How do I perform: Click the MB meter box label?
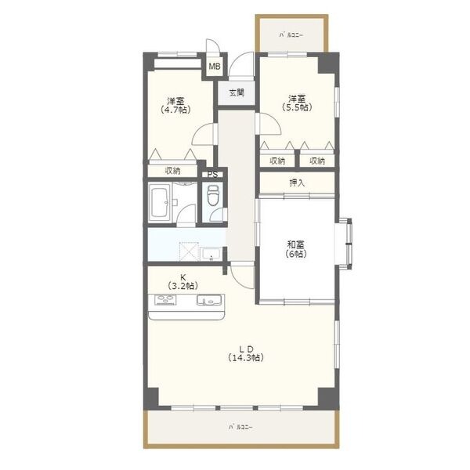[215, 67]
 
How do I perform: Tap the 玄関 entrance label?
[237, 92]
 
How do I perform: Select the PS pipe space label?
[212, 175]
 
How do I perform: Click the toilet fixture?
[213, 195]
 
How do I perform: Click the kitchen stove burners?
[165, 300]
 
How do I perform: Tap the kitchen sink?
[209, 300]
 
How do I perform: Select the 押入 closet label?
[297, 183]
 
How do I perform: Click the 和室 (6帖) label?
[296, 249]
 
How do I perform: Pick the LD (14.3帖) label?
[246, 353]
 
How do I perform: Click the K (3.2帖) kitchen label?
[183, 281]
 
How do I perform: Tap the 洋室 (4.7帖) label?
[176, 105]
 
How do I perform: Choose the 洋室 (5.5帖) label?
[297, 103]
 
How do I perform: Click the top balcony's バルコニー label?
[291, 35]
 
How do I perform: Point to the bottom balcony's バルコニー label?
[240, 427]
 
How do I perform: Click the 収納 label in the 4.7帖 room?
[172, 171]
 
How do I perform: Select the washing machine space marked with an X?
[189, 251]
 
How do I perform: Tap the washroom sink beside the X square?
[211, 254]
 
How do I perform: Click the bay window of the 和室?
[345, 244]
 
